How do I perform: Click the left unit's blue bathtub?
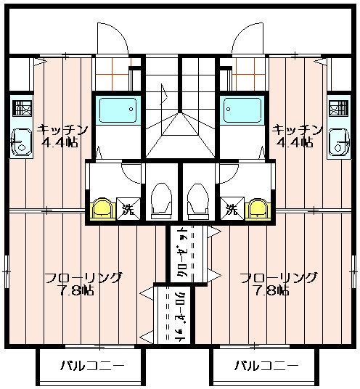[x=118, y=110]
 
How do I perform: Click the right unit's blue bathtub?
[x=242, y=110]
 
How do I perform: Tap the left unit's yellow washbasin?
[x=102, y=209]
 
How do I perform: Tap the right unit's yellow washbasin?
[x=258, y=209]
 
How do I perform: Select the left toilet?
[x=162, y=201]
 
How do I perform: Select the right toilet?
[x=198, y=201]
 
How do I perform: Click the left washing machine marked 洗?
[x=128, y=209]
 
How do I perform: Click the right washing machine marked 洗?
[x=232, y=209]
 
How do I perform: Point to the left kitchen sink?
[x=21, y=143]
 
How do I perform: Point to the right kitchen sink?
[x=339, y=143]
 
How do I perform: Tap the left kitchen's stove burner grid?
[x=22, y=107]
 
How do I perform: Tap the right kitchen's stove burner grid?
[x=338, y=107]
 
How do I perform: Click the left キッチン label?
[x=62, y=130]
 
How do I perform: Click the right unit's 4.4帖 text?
[x=294, y=142]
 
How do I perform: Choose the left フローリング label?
[x=83, y=278]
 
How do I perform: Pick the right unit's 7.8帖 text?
[x=272, y=290]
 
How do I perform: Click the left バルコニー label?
[x=92, y=366]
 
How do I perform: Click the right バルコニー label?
[x=266, y=366]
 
